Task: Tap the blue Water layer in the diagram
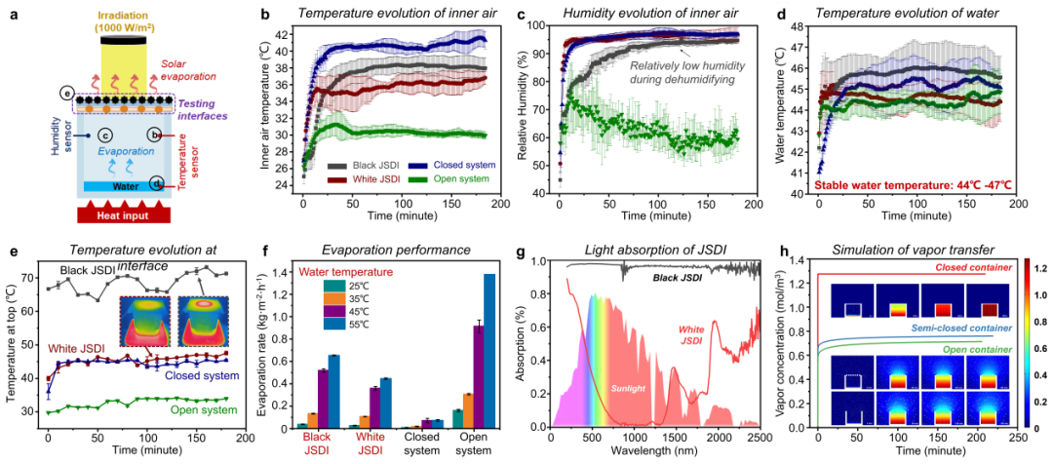[122, 185]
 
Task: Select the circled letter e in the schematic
[66, 93]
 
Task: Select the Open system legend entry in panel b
[450, 179]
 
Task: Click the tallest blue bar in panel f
[489, 350]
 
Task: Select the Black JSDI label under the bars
[317, 444]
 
